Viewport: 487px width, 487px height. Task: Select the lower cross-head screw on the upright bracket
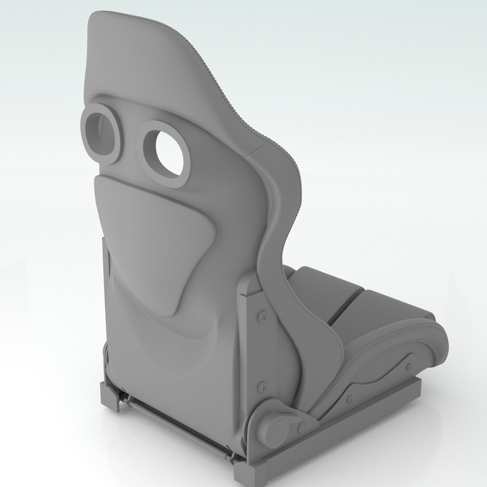[262, 386]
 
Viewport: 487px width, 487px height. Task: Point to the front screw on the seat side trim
[409, 366]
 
